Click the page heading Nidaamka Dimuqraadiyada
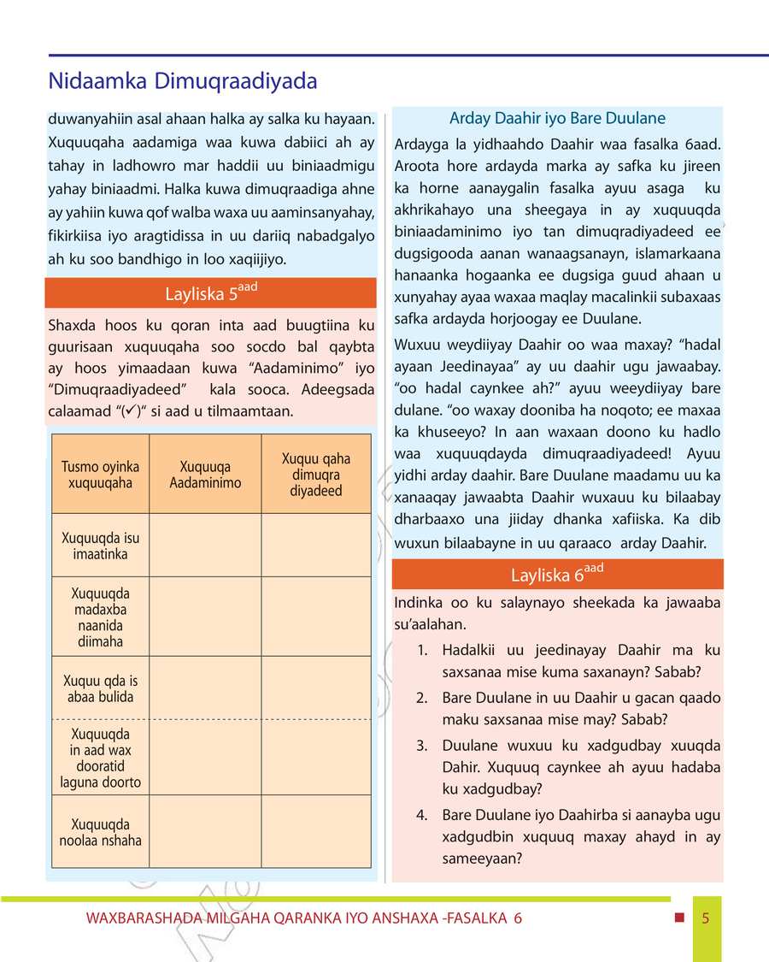coord(183,81)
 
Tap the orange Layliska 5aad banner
coord(210,293)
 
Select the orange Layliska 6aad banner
coord(557,574)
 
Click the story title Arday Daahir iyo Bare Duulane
coord(557,118)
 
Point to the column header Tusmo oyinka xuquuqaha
coord(100,475)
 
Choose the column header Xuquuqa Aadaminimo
coord(205,475)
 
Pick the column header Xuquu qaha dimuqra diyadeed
coord(316,475)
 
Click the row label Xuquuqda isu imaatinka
coord(100,546)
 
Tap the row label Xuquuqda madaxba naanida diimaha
coord(100,617)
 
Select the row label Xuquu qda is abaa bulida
coord(100,688)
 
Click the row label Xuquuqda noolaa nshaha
coord(100,832)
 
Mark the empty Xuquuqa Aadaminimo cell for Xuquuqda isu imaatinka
coord(205,546)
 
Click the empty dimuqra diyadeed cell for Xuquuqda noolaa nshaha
coord(316,832)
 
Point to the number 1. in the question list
coord(423,651)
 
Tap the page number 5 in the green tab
coord(706,919)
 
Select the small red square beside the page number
coord(679,918)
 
